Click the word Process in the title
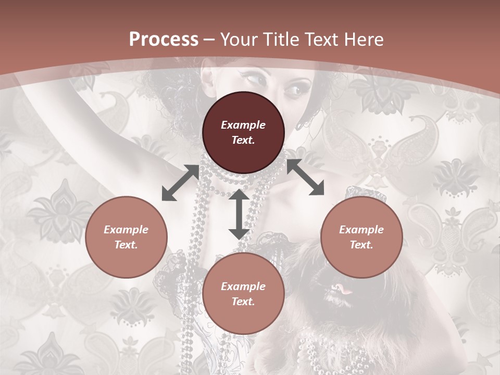(x=164, y=40)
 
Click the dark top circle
(x=243, y=133)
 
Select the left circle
(x=126, y=237)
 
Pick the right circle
(x=361, y=237)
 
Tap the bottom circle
(x=243, y=294)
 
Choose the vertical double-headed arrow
(x=239, y=215)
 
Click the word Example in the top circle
(x=243, y=125)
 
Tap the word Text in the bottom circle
(x=243, y=302)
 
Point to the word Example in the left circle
(x=126, y=230)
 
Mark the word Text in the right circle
(x=361, y=245)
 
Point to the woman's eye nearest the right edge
(x=293, y=90)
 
